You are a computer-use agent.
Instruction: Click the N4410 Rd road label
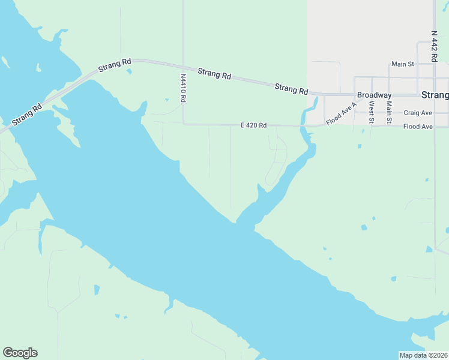click(x=183, y=88)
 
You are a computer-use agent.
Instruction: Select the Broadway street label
click(x=374, y=95)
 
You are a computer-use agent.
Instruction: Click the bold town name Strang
click(x=435, y=95)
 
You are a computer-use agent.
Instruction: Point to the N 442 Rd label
click(x=434, y=46)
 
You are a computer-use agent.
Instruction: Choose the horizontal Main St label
click(x=402, y=64)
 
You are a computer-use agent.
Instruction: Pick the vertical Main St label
click(x=389, y=112)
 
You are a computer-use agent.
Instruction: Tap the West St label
click(x=372, y=112)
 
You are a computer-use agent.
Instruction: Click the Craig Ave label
click(x=418, y=113)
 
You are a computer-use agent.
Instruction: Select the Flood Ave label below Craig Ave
click(x=418, y=127)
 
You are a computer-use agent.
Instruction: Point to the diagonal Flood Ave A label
click(x=341, y=113)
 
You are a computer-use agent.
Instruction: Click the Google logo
click(x=20, y=353)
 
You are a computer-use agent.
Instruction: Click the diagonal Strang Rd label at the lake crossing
click(x=26, y=114)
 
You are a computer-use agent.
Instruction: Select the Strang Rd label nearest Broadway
click(x=291, y=89)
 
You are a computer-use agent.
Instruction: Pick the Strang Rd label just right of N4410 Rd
click(x=214, y=74)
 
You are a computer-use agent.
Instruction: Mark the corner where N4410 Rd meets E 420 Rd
click(x=183, y=124)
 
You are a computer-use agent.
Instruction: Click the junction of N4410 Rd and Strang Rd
click(x=183, y=67)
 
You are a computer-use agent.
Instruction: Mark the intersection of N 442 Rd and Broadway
click(x=434, y=95)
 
